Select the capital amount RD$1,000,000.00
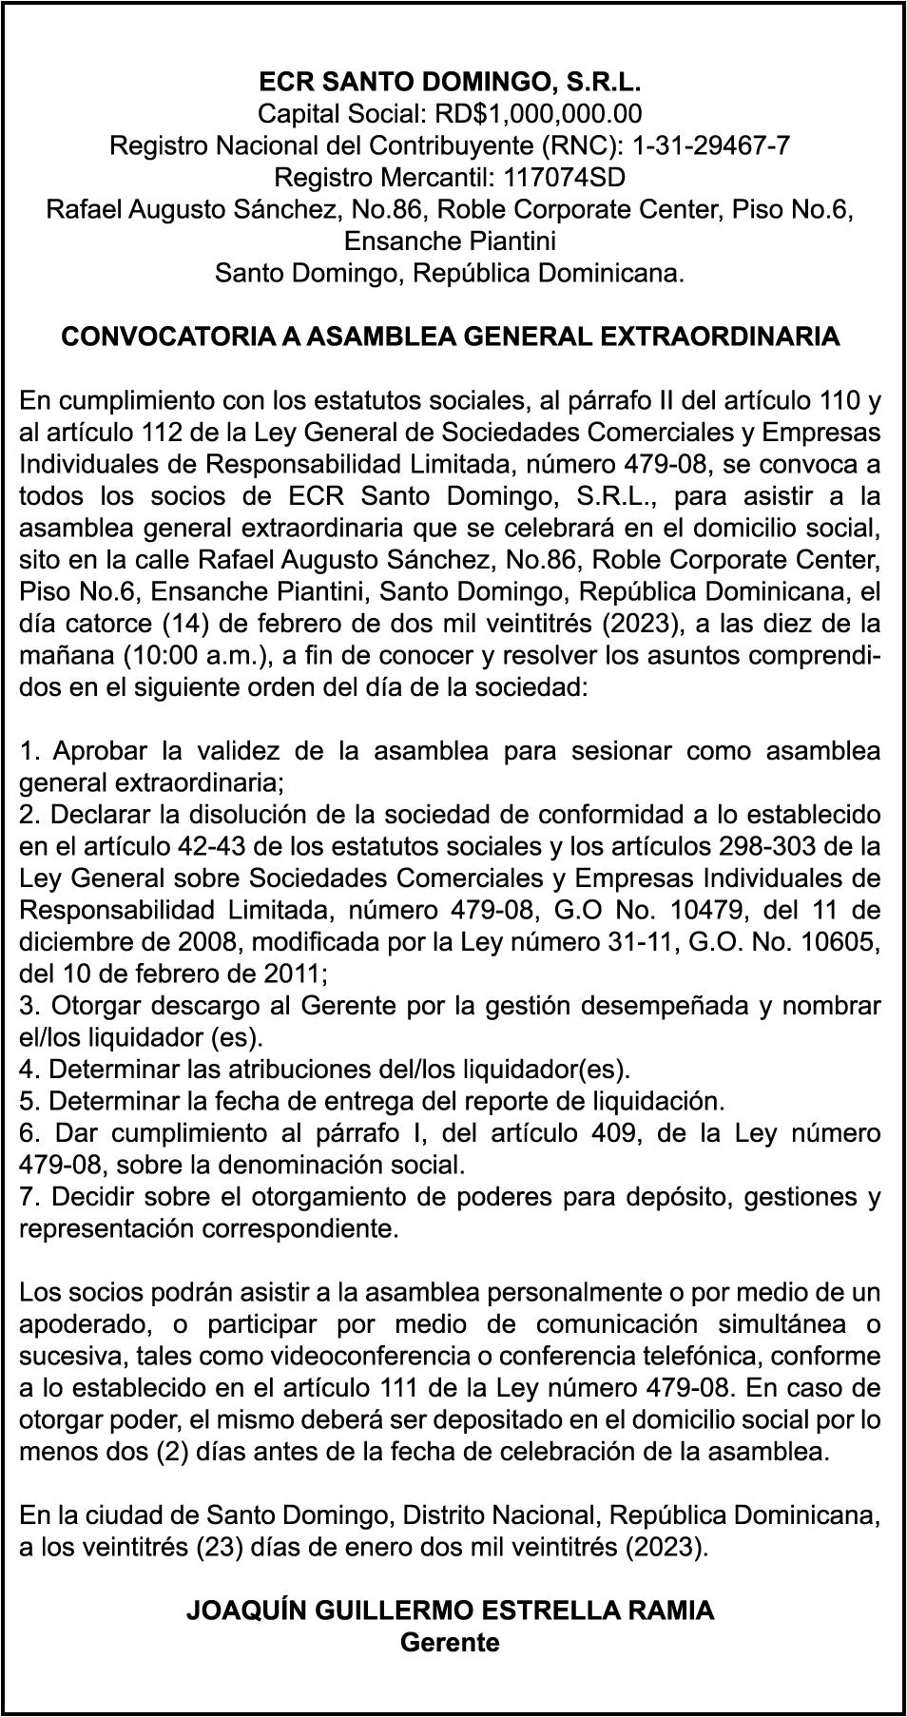click(x=538, y=114)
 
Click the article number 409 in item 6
click(x=606, y=1133)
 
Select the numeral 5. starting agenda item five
click(x=30, y=1102)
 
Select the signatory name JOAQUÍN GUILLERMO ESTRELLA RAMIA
click(x=450, y=1611)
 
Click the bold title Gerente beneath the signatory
click(x=450, y=1643)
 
